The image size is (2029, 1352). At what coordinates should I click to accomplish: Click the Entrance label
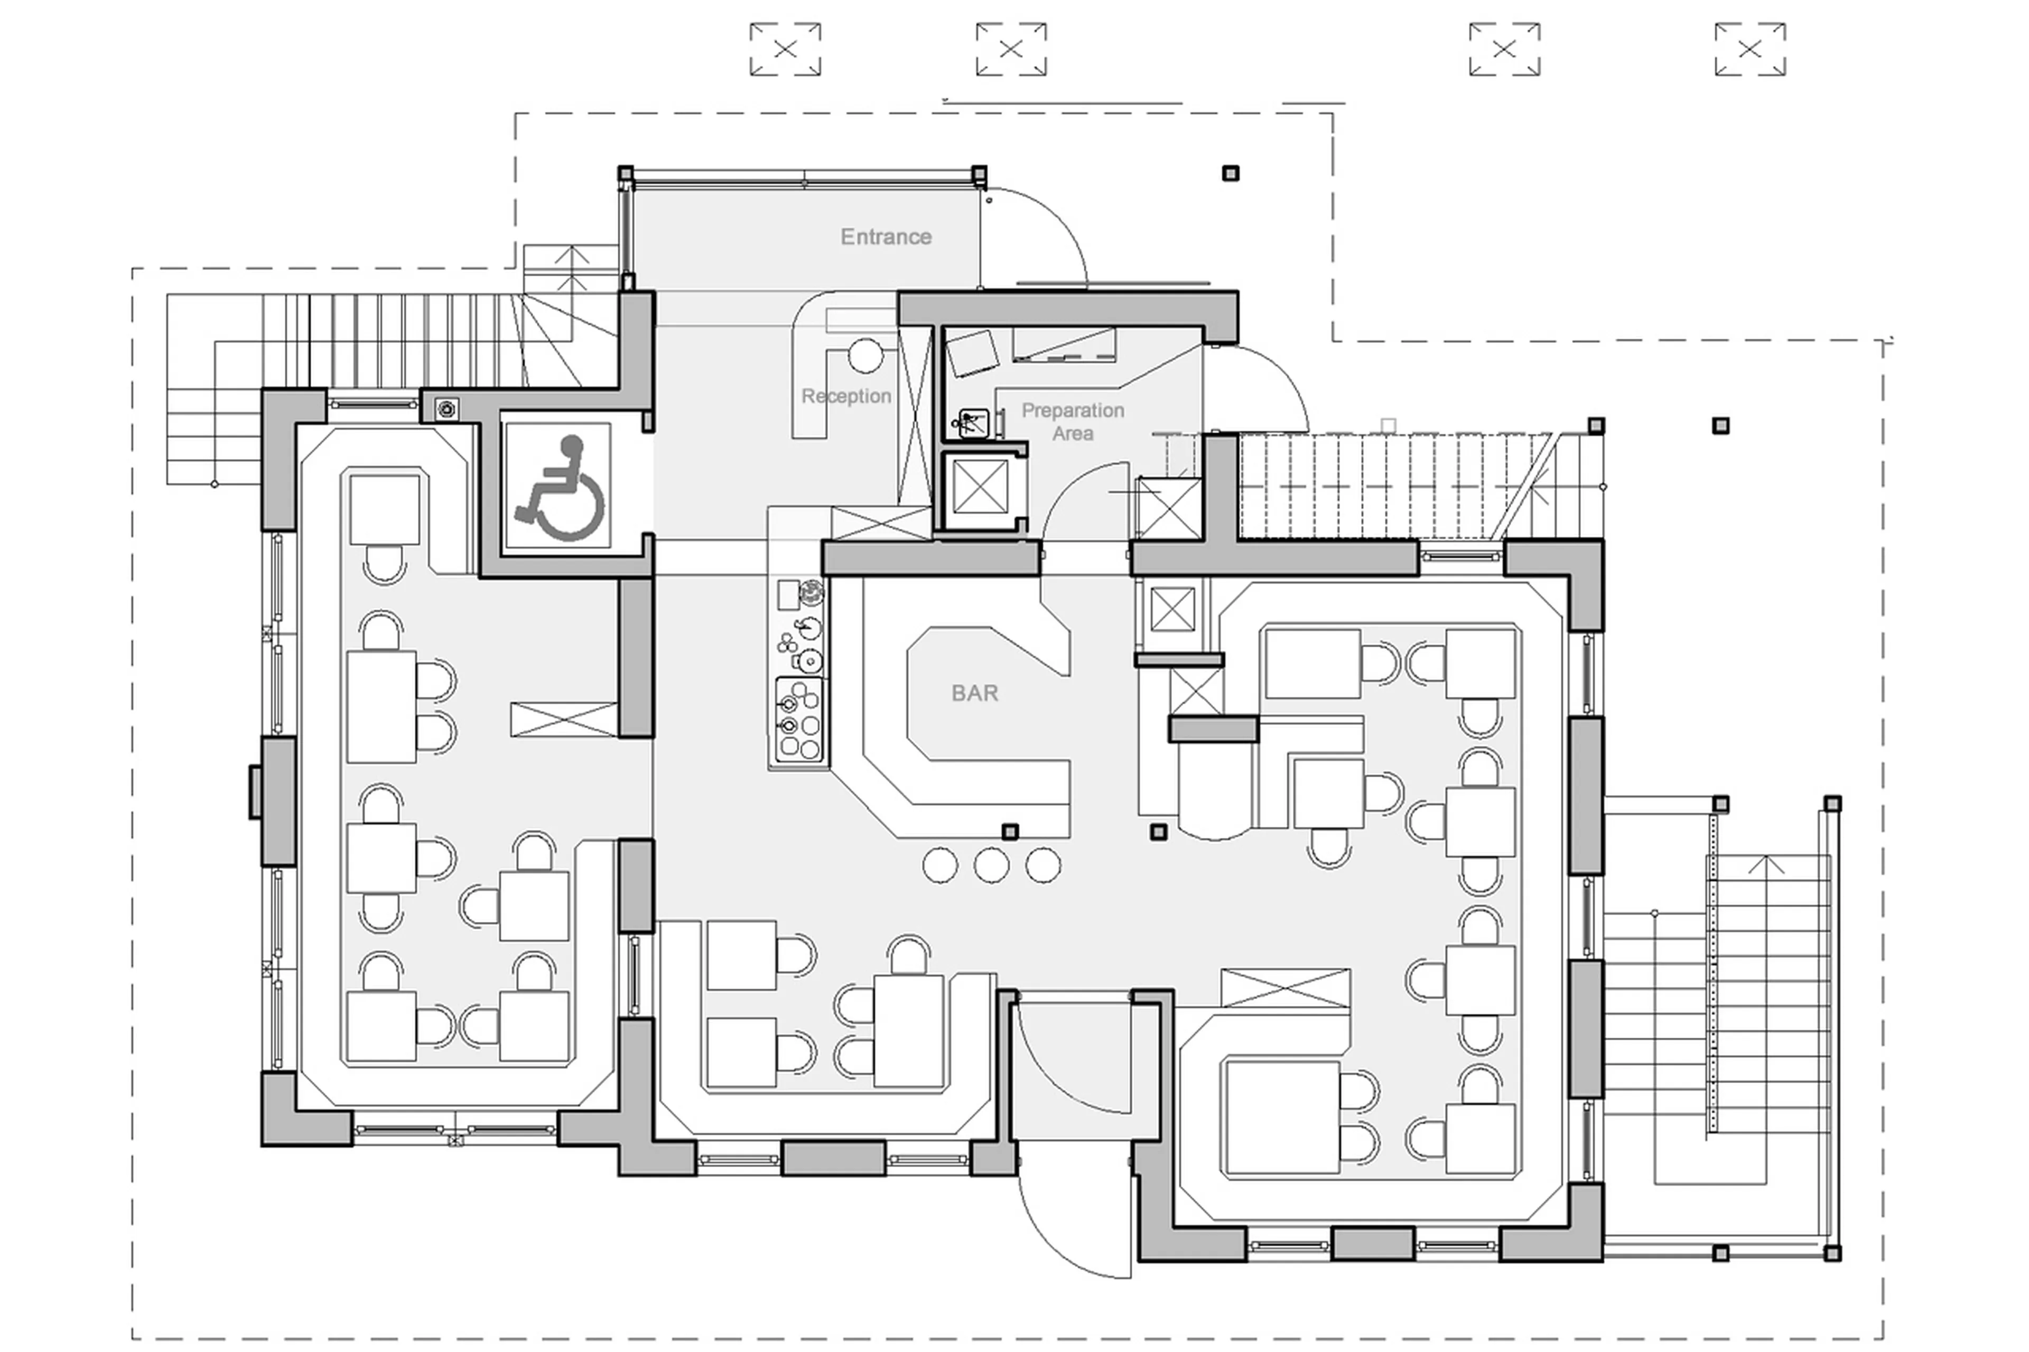point(886,236)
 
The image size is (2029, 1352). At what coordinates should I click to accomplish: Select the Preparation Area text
point(1072,421)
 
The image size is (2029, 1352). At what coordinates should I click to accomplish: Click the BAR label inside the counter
point(974,693)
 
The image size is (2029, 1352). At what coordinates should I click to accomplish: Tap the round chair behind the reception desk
point(865,355)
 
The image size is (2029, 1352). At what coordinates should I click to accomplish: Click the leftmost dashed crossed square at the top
point(785,49)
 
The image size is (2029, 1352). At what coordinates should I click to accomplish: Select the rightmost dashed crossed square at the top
point(1749,49)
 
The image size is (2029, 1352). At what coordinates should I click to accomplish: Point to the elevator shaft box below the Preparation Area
point(981,489)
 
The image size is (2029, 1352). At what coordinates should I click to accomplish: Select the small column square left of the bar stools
point(1010,831)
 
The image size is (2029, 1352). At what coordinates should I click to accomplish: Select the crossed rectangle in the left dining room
point(564,719)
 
